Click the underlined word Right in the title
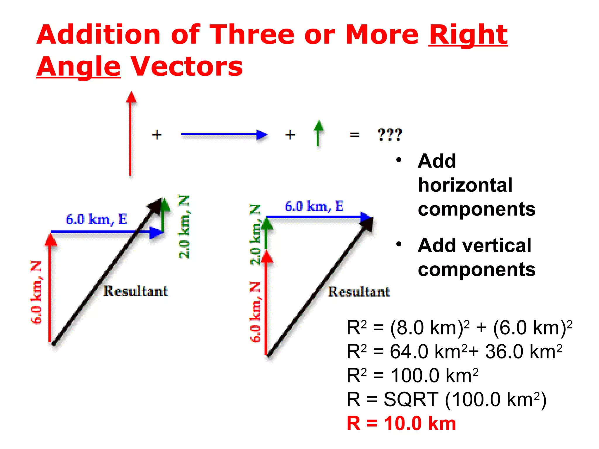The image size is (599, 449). tap(468, 35)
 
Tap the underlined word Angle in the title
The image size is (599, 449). tap(78, 67)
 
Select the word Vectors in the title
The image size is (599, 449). tap(187, 67)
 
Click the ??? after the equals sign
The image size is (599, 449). tap(390, 135)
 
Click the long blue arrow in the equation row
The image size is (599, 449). tap(224, 134)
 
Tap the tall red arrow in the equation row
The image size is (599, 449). tap(131, 134)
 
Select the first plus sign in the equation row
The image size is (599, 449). tap(157, 135)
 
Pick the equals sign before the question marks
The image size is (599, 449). tap(354, 135)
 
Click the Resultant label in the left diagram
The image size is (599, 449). tap(135, 291)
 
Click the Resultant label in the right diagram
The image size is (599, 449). tap(359, 292)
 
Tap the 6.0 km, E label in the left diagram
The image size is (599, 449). tap(97, 219)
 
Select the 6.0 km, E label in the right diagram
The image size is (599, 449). tap(314, 206)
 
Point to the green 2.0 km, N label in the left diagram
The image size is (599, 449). tap(184, 227)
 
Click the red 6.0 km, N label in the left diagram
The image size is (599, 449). tap(36, 292)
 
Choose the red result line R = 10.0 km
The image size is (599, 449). tap(401, 423)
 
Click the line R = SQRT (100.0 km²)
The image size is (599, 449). tap(446, 399)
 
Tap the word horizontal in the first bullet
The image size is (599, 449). tap(465, 185)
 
